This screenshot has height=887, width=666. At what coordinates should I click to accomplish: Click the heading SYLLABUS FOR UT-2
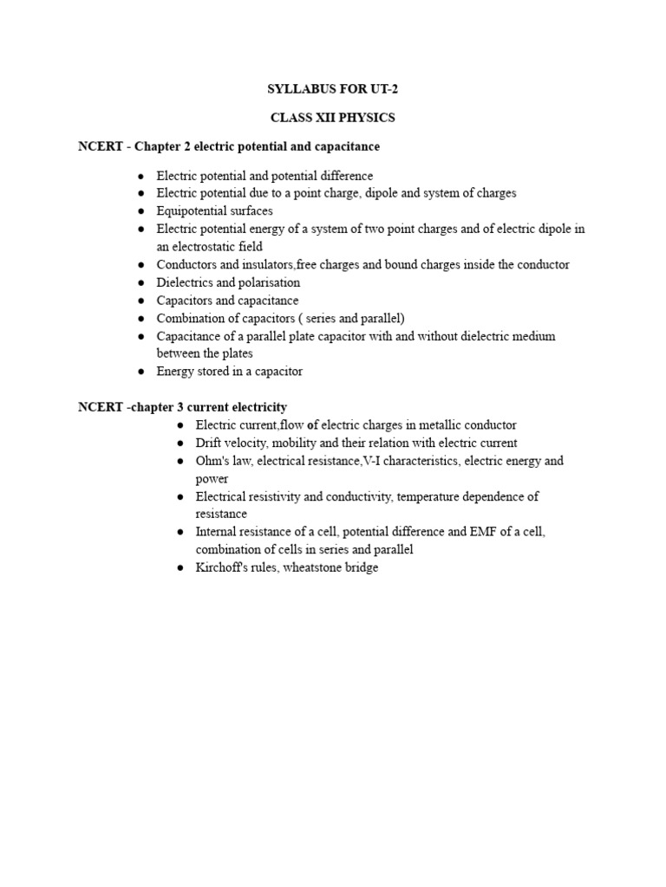[x=332, y=90]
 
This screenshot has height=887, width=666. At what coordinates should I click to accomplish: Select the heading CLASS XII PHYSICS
[x=333, y=118]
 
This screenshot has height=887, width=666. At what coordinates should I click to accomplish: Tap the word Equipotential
[x=192, y=211]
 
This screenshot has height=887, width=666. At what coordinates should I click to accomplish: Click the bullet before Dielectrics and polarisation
[x=140, y=283]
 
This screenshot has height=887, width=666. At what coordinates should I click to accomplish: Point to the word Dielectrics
[x=183, y=282]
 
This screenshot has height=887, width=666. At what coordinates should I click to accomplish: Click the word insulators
[x=265, y=265]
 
